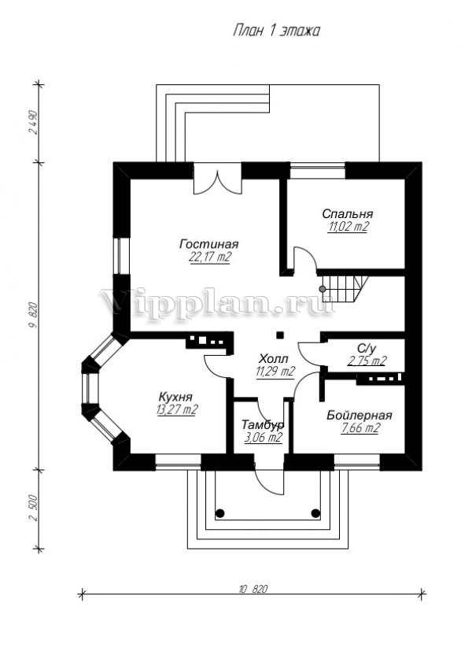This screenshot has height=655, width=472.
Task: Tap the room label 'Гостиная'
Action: (208, 244)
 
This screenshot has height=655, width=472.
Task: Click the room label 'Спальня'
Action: (347, 213)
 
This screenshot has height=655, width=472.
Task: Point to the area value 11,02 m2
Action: (347, 226)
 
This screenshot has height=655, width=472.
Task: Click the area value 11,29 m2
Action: (275, 371)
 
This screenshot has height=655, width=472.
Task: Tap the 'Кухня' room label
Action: (178, 397)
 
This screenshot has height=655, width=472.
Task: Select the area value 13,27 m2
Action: (178, 409)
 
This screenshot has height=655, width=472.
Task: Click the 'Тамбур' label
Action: (263, 425)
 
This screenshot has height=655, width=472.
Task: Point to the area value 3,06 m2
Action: (263, 438)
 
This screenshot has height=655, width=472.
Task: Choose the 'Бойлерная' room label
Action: (360, 415)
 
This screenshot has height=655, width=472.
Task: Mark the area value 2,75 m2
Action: (367, 361)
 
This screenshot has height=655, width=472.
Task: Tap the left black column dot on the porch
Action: (221, 513)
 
